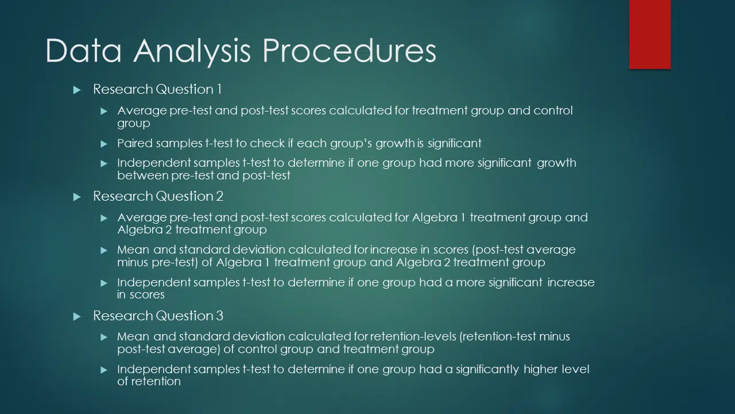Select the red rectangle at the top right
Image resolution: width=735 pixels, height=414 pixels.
(x=649, y=34)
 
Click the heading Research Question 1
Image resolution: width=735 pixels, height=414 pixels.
(x=157, y=89)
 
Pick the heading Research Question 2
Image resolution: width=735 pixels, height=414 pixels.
(x=158, y=196)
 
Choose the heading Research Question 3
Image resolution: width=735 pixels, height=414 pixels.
(x=158, y=316)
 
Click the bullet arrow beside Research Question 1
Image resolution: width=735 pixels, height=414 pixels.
(x=77, y=90)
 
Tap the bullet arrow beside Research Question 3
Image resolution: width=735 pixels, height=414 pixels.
(x=77, y=316)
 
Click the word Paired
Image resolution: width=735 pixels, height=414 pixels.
(x=135, y=143)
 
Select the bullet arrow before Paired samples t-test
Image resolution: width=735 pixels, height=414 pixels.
(x=104, y=144)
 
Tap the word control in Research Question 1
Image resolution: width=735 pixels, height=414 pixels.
(x=553, y=110)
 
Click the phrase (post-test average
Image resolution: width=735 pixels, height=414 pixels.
(x=524, y=250)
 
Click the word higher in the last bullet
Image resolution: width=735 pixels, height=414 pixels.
(x=541, y=370)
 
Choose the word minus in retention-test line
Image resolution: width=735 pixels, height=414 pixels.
(x=555, y=336)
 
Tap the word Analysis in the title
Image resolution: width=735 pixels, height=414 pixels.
(x=192, y=52)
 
